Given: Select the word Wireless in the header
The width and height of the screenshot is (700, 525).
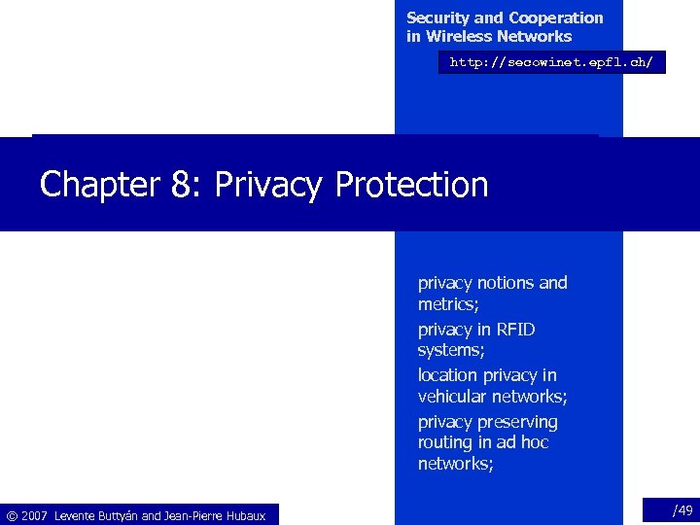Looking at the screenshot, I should coord(458,37).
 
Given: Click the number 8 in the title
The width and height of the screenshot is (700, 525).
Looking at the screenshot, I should coord(181,184).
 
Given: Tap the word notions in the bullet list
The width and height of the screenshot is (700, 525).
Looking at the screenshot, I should coord(503,283).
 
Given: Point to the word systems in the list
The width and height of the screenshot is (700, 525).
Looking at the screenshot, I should coord(450,350).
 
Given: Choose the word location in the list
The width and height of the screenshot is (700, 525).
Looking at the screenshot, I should coord(449,375).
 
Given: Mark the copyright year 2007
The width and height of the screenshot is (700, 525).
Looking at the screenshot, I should coord(35,515).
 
